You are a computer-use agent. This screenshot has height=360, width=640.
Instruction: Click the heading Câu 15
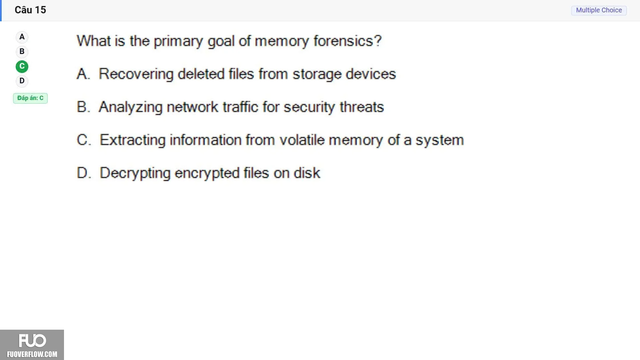[x=30, y=10]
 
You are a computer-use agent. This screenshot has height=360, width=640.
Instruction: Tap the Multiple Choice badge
[x=599, y=10]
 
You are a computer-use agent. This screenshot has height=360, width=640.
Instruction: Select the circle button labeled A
[x=22, y=37]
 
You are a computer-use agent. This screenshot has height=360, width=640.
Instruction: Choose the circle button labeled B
[x=22, y=52]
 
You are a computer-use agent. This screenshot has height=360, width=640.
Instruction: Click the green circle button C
[x=22, y=66]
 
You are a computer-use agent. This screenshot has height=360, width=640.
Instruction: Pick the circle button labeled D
[x=22, y=81]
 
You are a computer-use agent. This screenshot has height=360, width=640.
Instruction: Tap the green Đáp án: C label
[x=30, y=98]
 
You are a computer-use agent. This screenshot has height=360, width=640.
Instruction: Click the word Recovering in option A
[x=136, y=74]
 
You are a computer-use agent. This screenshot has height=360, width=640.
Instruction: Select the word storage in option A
[x=317, y=74]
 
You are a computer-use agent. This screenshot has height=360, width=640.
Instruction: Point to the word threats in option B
[x=362, y=107]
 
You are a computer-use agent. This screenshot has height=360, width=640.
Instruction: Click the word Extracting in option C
[x=133, y=140]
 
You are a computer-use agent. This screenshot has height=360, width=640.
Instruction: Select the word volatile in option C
[x=302, y=140]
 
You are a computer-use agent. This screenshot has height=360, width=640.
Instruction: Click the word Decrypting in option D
[x=135, y=173]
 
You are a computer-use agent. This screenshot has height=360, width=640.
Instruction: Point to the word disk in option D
[x=307, y=173]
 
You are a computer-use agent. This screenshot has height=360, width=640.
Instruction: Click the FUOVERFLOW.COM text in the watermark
[x=32, y=354]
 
